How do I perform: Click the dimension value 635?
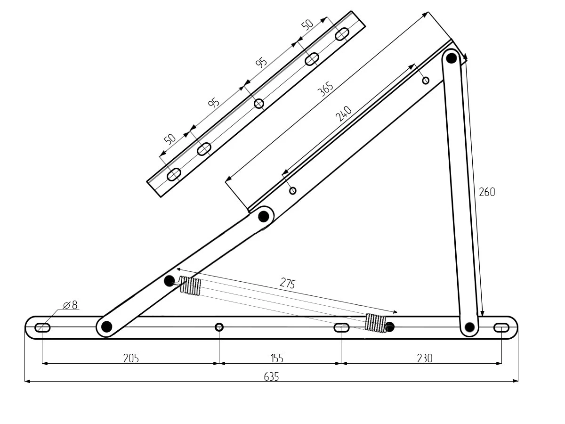(x=271, y=377)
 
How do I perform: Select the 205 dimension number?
(x=131, y=359)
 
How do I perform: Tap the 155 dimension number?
(x=277, y=359)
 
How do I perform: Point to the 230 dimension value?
(x=425, y=359)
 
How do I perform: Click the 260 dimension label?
(x=487, y=192)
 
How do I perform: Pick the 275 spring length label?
(x=287, y=283)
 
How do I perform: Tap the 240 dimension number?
(x=344, y=114)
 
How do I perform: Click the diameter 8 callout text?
(x=70, y=305)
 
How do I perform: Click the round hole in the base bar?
(x=219, y=327)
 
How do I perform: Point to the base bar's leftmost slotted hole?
(x=43, y=328)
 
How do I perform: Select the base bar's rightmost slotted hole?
(x=501, y=328)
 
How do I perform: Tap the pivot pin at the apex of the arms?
(x=451, y=58)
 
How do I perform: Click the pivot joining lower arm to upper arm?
(x=263, y=216)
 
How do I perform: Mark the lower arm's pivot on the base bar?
(x=106, y=326)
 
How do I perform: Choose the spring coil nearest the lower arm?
(x=191, y=285)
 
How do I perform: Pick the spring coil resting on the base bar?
(x=376, y=322)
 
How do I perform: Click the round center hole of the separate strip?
(x=258, y=104)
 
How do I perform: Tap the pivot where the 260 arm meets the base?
(x=470, y=327)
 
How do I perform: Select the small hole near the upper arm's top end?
(x=426, y=80)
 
